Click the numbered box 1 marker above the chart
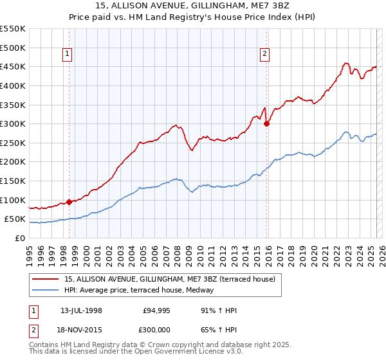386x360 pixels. (x=69, y=55)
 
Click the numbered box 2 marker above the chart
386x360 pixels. (x=265, y=55)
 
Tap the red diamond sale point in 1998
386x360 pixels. (x=69, y=202)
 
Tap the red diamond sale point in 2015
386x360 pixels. (x=266, y=124)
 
